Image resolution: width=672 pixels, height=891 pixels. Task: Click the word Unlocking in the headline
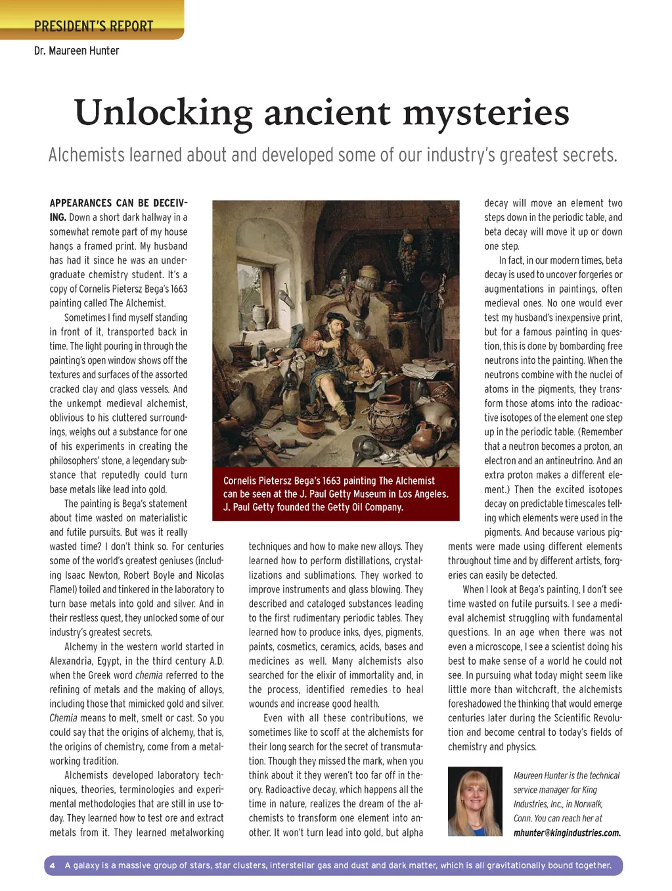click(163, 113)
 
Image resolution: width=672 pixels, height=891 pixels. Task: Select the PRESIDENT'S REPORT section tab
click(93, 26)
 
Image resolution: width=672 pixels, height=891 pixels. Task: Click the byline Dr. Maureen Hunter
click(77, 51)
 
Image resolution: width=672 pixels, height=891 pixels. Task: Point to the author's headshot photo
click(474, 800)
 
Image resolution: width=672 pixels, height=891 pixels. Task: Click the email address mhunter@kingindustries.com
click(567, 832)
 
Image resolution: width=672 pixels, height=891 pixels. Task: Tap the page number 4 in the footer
click(53, 865)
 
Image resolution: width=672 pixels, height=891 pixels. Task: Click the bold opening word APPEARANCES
click(81, 203)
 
